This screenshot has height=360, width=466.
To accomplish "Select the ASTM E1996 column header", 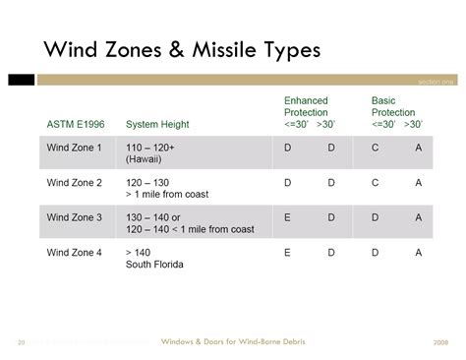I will (x=76, y=124).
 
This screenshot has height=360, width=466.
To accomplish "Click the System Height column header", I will (x=157, y=124).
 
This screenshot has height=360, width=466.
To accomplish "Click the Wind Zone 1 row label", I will (x=75, y=147).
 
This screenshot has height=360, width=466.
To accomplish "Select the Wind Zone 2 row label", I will (x=75, y=182).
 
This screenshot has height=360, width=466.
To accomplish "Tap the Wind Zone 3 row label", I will (x=75, y=217).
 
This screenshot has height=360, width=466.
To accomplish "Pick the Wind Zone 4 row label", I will (x=75, y=252).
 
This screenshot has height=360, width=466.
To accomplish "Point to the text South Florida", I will (x=155, y=265).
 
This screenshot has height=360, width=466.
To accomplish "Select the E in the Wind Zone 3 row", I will (x=288, y=217).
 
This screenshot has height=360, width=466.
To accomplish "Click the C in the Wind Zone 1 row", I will (x=375, y=147).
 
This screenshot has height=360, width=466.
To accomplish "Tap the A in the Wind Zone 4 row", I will (x=419, y=252).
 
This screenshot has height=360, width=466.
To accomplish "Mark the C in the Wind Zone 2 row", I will (x=375, y=182).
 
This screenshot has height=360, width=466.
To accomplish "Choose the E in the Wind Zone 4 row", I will (x=288, y=252).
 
